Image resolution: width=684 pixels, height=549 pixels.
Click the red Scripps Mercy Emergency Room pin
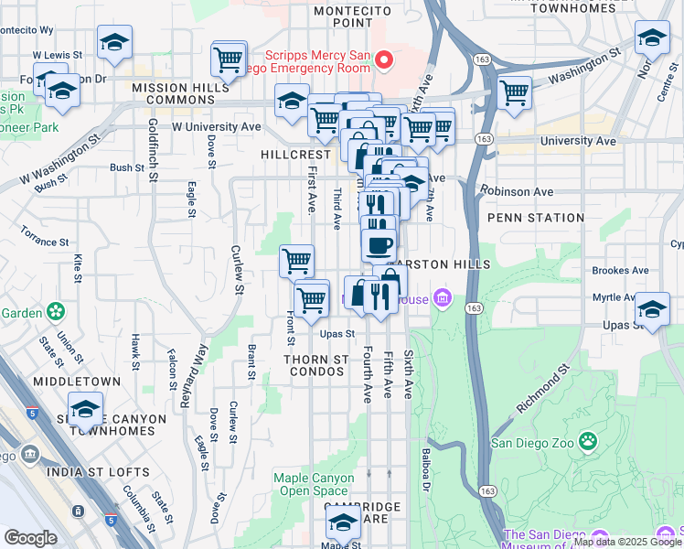384,60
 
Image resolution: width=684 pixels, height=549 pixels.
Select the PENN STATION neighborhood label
535,218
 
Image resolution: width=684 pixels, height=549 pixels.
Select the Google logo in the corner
30,538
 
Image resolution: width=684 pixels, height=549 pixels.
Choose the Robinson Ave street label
519,192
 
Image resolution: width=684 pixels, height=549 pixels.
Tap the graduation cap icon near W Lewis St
114,42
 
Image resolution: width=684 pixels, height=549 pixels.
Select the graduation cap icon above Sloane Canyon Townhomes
85,409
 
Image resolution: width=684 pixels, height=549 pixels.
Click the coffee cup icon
378,245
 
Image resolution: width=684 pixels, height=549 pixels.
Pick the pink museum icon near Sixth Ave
444,297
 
